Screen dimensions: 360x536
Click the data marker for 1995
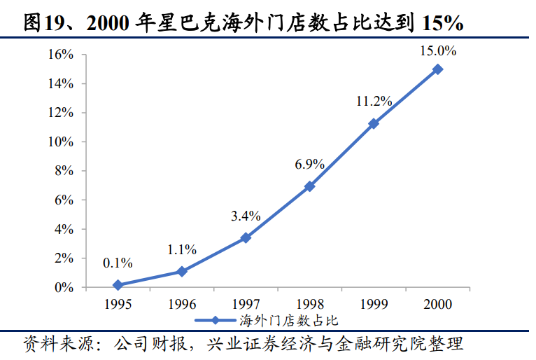118,285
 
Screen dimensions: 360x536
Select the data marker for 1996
182,271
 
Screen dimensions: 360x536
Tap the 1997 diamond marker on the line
246,237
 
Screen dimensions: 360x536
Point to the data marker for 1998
309,186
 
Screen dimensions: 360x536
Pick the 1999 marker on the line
374,123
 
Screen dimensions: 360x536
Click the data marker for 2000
437,69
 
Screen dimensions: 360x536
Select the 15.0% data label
437,50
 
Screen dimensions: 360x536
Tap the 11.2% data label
374,102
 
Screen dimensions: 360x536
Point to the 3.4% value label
246,216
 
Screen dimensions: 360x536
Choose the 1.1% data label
182,249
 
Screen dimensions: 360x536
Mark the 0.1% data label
118,263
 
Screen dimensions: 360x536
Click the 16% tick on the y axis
61,54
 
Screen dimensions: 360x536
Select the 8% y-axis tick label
64,171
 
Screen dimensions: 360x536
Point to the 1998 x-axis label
309,304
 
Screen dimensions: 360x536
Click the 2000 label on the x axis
437,304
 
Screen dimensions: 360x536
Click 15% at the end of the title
443,22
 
